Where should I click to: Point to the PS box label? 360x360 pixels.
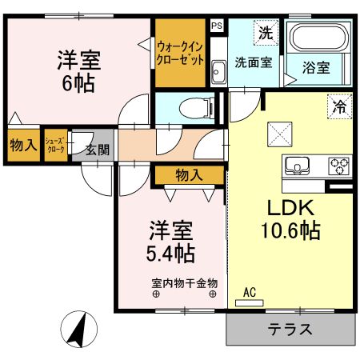point(217,26)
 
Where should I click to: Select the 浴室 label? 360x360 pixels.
point(315,67)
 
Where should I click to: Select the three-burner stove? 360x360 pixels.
point(338,166)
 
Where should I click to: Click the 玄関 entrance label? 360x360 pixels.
point(98,150)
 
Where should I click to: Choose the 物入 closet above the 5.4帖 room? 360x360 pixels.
point(189,174)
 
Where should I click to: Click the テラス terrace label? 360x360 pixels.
point(290,329)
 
